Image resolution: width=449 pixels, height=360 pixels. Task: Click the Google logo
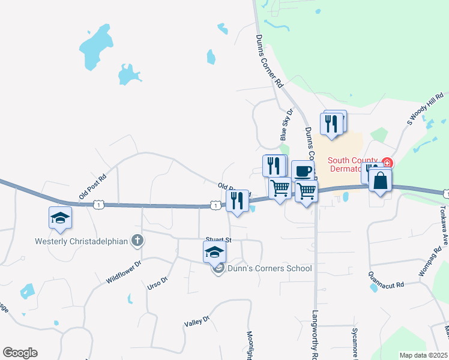(20, 352)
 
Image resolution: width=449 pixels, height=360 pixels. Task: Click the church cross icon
(137, 241)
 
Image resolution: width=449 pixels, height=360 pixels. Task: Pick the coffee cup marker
(303, 171)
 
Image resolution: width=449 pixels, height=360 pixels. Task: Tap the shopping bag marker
(381, 180)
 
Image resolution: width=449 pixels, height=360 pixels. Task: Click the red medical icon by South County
(387, 163)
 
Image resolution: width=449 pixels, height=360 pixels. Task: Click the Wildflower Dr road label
(123, 271)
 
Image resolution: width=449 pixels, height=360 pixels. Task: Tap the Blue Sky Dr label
(286, 125)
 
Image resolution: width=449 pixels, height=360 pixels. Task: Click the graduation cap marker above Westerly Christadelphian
(60, 218)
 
